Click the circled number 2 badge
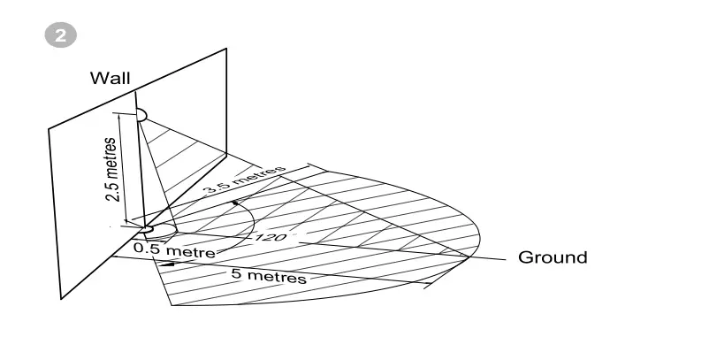pos(60,35)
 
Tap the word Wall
pos(110,79)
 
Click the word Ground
pos(553,257)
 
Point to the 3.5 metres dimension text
pos(243,179)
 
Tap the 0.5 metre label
pos(174,250)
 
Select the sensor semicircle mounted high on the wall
pos(141,116)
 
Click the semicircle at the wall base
pos(148,230)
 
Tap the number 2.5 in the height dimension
pos(112,191)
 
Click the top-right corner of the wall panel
pos(225,48)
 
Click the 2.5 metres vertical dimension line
pos(126,168)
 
